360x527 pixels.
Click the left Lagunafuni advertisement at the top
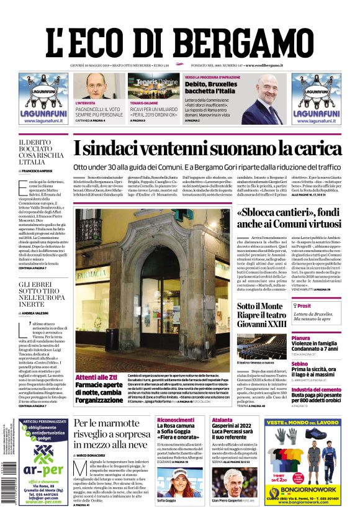click(43, 99)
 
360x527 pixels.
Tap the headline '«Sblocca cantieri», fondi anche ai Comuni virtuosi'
click(289, 218)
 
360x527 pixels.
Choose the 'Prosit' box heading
click(304, 306)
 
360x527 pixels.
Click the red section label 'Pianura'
click(300, 338)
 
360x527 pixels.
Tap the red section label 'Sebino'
click(300, 364)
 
